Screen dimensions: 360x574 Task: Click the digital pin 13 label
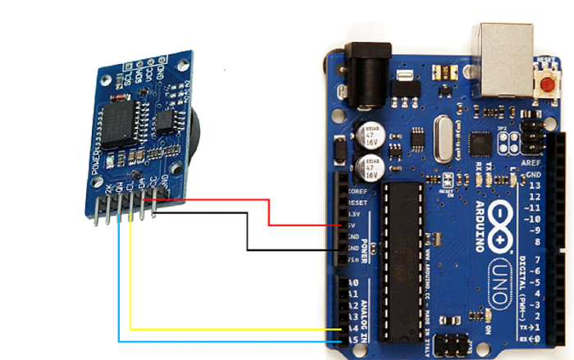[x=535, y=185]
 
